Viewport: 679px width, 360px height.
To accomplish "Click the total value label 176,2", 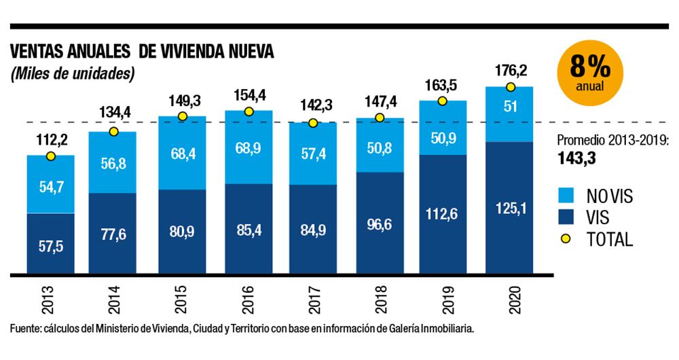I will [509, 71].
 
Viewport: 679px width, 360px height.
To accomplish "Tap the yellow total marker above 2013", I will [50, 156].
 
